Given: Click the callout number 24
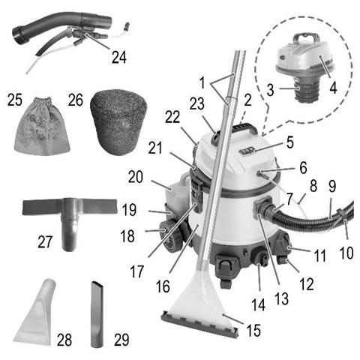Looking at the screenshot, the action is click(119, 58).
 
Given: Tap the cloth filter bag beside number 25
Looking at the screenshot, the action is click(42, 127).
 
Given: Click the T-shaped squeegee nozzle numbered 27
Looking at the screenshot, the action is click(70, 220).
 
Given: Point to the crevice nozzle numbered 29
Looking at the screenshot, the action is click(97, 314).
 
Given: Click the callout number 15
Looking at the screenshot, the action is click(253, 330).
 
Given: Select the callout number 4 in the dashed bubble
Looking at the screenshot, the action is click(333, 88).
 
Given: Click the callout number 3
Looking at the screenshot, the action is click(270, 90).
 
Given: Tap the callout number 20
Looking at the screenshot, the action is click(136, 177).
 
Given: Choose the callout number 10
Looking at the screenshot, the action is click(346, 253).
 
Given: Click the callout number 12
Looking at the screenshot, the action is click(307, 284).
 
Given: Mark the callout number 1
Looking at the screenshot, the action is click(202, 82).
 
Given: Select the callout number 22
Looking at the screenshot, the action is click(172, 117).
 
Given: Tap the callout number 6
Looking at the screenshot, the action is click(303, 168).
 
